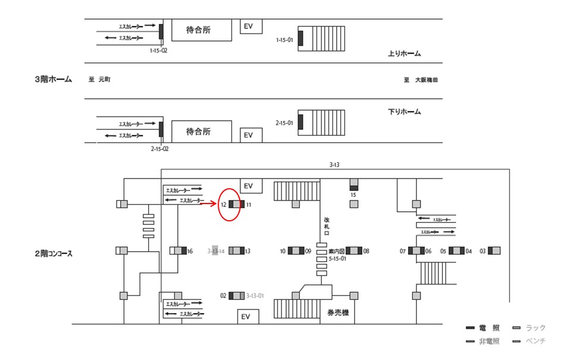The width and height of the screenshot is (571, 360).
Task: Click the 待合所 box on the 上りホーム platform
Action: click(x=201, y=30)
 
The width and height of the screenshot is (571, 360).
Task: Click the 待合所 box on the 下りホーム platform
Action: click(x=201, y=132)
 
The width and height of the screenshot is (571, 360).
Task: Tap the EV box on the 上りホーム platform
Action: click(x=249, y=26)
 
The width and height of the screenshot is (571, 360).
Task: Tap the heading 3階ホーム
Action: click(x=53, y=79)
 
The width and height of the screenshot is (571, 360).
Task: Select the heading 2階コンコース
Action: click(x=54, y=253)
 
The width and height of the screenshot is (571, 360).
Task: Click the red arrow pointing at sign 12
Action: click(x=208, y=204)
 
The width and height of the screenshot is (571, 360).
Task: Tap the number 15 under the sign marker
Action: click(x=353, y=194)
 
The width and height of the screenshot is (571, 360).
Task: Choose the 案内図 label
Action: click(x=337, y=251)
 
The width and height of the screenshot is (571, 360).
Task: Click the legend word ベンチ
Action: click(x=536, y=341)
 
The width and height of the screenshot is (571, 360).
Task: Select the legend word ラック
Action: click(x=536, y=328)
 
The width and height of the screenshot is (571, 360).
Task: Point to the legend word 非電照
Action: click(x=489, y=341)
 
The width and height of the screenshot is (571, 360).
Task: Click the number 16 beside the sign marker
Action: click(x=190, y=251)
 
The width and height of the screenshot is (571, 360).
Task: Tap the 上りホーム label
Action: click(x=404, y=54)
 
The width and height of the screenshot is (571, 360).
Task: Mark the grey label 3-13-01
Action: click(x=255, y=296)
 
